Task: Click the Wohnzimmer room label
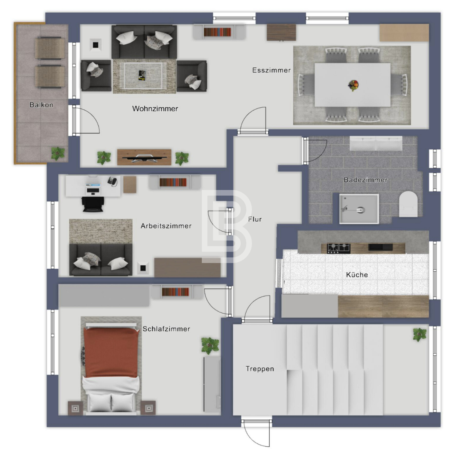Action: click(155, 109)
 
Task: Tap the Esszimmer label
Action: click(271, 70)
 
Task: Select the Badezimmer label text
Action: click(365, 180)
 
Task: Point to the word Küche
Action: click(357, 275)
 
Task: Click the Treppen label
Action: click(260, 369)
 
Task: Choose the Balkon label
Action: click(41, 105)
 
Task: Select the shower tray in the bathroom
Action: click(359, 209)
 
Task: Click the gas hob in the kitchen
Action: click(339, 248)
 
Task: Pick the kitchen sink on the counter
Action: click(380, 247)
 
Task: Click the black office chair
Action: click(93, 204)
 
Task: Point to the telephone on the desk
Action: click(112, 181)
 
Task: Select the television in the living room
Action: click(144, 158)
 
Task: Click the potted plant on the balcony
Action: click(58, 153)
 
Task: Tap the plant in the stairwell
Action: click(420, 334)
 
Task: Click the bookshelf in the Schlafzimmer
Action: click(175, 292)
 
